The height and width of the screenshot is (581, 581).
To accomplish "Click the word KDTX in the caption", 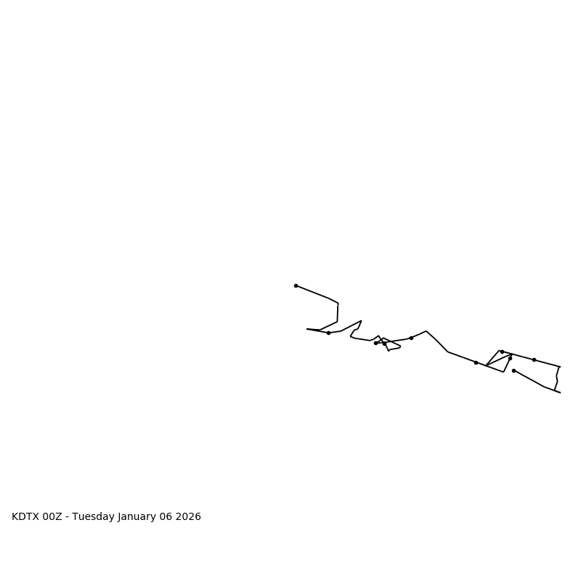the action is point(25,517).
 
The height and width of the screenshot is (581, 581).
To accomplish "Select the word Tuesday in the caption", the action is point(94,517).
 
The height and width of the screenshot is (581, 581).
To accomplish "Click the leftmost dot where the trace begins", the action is point(296,285).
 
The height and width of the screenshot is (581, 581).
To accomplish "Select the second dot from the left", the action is point(328,333).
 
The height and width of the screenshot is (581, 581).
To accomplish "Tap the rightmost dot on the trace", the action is point(534,359).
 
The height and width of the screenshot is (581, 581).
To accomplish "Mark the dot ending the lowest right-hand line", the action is point(513,370).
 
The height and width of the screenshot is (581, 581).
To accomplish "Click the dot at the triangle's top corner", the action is point(501,352).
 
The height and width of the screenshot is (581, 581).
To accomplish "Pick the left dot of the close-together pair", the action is point(375,343).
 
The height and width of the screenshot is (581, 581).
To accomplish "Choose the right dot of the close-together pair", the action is point(384,343).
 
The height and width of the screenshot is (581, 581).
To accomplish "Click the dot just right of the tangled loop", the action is point(411,338).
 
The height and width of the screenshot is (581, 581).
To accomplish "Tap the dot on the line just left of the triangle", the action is point(476,362).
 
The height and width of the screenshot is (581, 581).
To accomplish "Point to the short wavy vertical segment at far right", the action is point(557,378).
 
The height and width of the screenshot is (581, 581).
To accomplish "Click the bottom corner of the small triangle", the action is point(503,372).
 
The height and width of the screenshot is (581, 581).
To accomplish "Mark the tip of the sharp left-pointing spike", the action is point(307,329).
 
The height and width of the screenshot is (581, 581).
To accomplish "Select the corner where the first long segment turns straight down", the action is point(338,304).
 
